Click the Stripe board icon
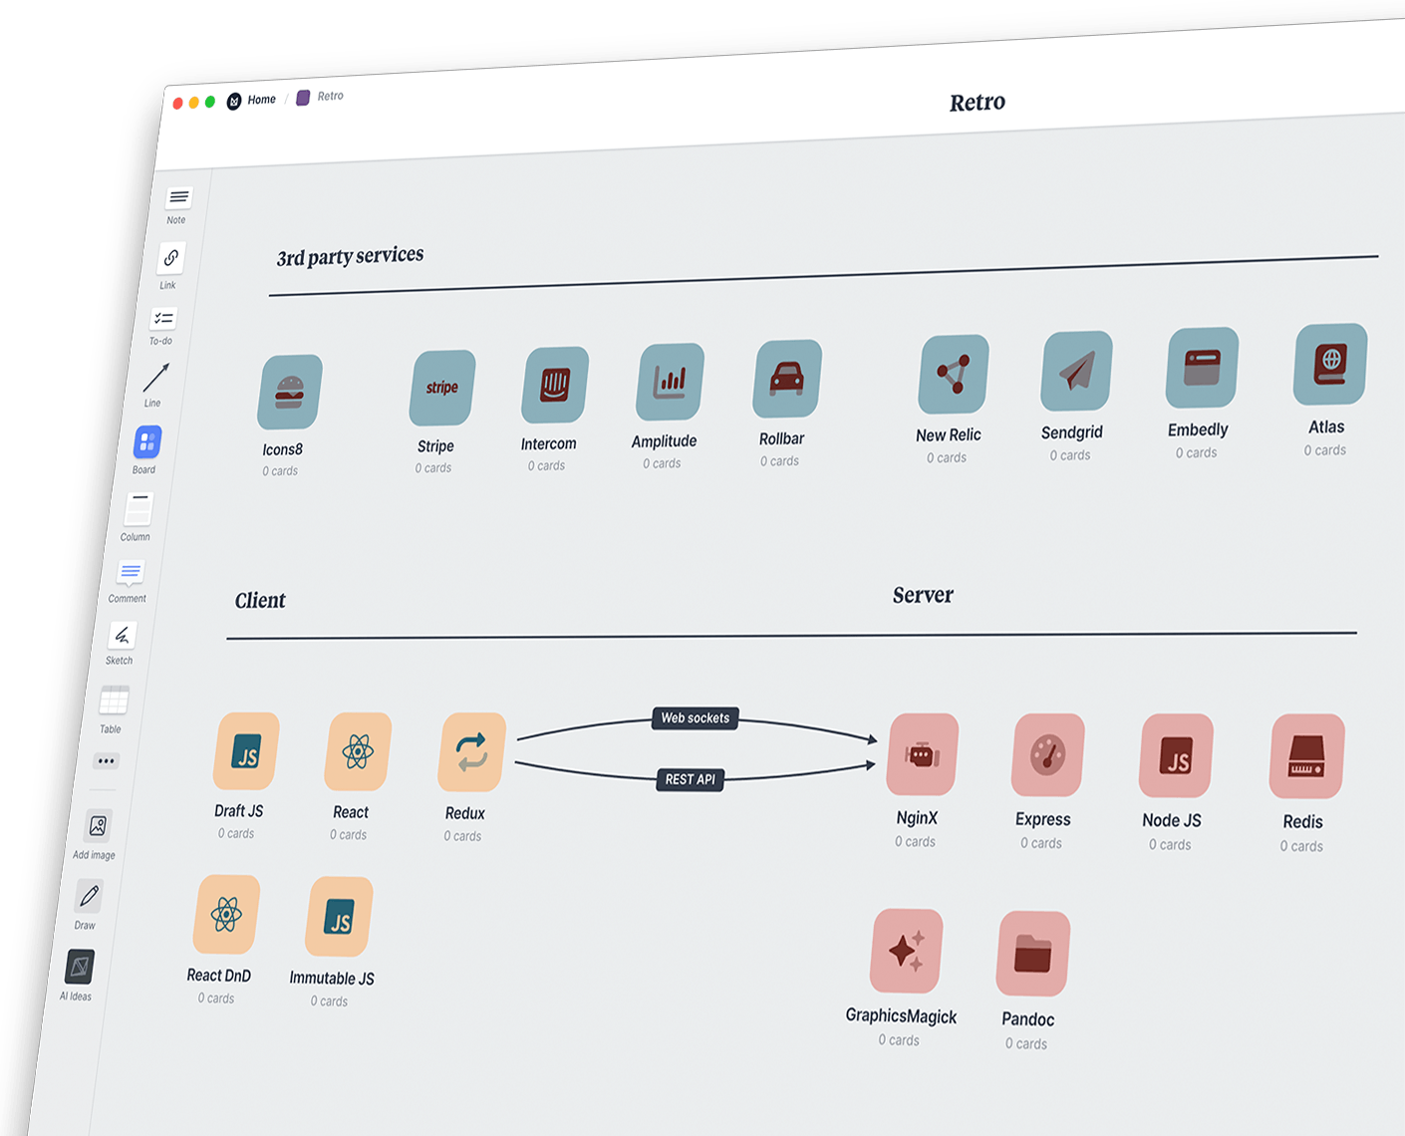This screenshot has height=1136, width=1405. pyautogui.click(x=442, y=388)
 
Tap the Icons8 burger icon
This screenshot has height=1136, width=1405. pyautogui.click(x=290, y=392)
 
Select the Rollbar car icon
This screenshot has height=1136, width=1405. pyautogui.click(x=787, y=379)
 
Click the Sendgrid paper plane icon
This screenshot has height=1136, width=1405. pyautogui.click(x=1076, y=371)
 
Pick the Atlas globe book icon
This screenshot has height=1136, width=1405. pyautogui.click(x=1330, y=364)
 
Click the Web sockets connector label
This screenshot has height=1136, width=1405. pyautogui.click(x=696, y=717)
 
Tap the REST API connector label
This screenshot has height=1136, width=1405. pyautogui.click(x=691, y=779)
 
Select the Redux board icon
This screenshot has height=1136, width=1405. pyautogui.click(x=472, y=752)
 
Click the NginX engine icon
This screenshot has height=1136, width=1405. pyautogui.click(x=923, y=754)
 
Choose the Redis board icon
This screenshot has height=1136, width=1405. pyautogui.click(x=1306, y=756)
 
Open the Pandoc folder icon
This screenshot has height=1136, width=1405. pyautogui.click(x=1033, y=954)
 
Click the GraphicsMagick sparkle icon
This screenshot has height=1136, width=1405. pyautogui.click(x=907, y=951)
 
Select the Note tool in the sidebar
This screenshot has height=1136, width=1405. pyautogui.click(x=179, y=197)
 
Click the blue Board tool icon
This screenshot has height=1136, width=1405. pyautogui.click(x=147, y=441)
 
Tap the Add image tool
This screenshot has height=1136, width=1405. pyautogui.click(x=98, y=826)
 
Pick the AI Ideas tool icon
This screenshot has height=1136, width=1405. pyautogui.click(x=80, y=967)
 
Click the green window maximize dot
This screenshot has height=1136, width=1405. pyautogui.click(x=210, y=102)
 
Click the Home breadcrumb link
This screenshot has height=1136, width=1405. pyautogui.click(x=261, y=100)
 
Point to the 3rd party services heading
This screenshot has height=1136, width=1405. pyautogui.click(x=350, y=256)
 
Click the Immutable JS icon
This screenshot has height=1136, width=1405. pyautogui.click(x=340, y=917)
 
